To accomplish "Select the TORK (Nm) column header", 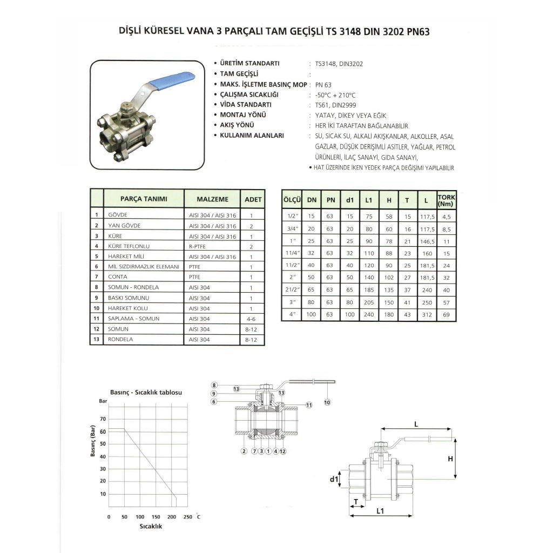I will click(446, 200).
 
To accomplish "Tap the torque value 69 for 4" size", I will click(446, 314).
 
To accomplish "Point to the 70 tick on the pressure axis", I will click(103, 419).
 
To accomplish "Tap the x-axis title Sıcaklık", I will click(151, 526).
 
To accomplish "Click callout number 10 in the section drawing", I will click(327, 402).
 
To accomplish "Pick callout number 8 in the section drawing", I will click(214, 385).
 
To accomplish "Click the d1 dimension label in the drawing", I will click(334, 478).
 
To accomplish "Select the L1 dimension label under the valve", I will click(380, 510).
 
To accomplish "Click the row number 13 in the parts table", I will click(96, 339).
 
